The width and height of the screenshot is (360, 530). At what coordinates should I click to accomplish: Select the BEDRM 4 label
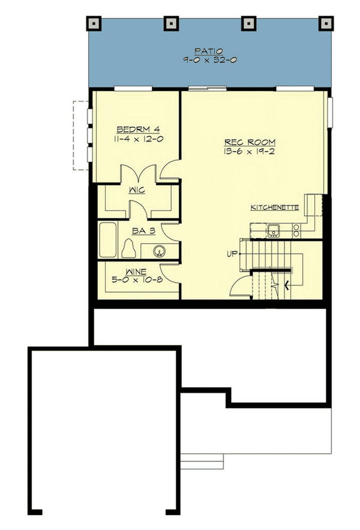(137, 129)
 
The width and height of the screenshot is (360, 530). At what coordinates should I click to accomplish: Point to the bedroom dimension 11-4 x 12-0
(137, 139)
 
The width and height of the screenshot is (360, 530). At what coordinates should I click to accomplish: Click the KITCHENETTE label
(275, 208)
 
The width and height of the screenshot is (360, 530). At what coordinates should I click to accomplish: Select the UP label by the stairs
(232, 253)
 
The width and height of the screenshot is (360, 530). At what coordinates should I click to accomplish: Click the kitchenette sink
(274, 229)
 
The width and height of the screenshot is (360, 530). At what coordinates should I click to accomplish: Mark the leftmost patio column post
(94, 23)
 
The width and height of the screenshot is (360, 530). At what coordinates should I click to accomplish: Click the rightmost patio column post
(326, 23)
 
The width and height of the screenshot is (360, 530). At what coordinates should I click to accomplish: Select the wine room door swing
(170, 273)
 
